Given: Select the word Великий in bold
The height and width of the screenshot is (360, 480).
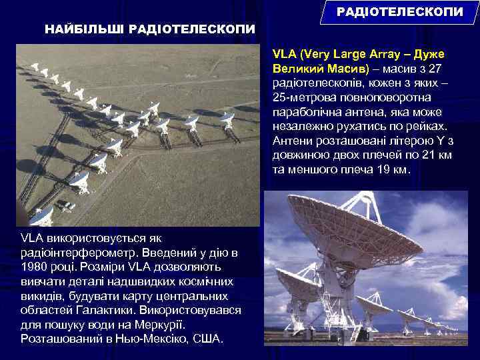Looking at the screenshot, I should click(295, 69).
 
